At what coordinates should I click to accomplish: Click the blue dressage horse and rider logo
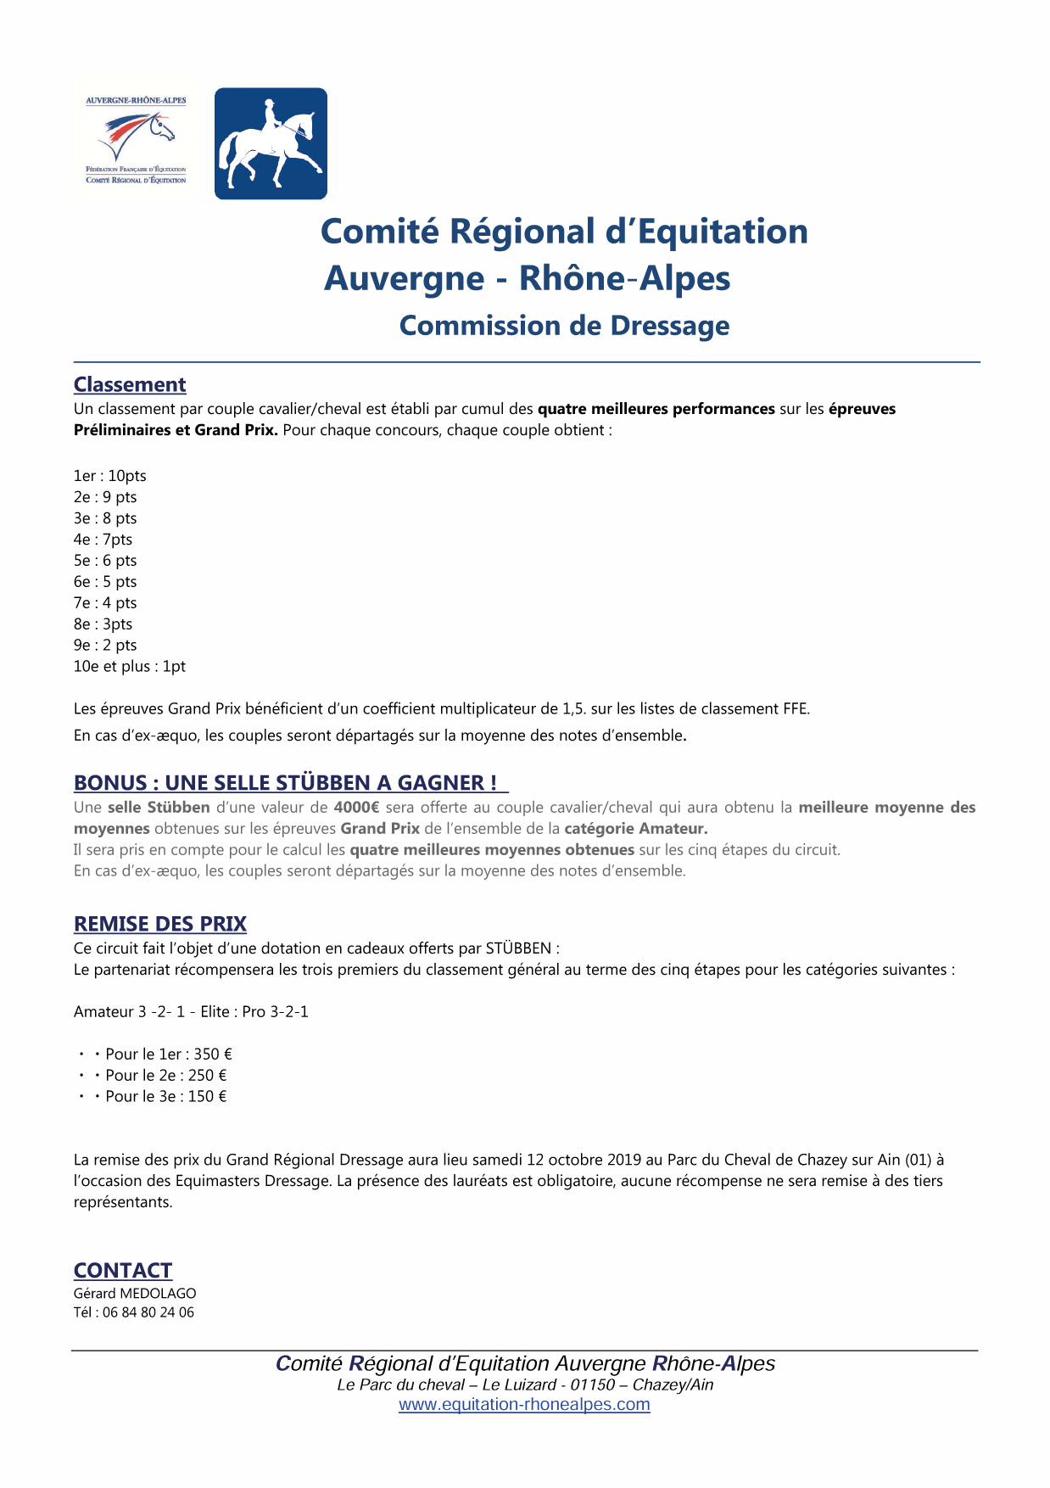tap(271, 143)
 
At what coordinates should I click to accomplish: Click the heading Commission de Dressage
tap(564, 326)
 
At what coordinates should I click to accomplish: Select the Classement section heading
tap(130, 385)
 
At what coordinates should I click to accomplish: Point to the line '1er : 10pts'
tap(109, 476)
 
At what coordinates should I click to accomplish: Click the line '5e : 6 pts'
tap(105, 561)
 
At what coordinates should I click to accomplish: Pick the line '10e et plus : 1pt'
tap(129, 667)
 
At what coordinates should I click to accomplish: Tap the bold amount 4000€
tap(356, 808)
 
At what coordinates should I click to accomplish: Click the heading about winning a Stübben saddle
tap(286, 783)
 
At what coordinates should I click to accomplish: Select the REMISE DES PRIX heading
tap(160, 924)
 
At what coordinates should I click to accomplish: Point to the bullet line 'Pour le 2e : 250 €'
tap(165, 1076)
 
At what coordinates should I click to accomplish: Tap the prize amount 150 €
tap(208, 1097)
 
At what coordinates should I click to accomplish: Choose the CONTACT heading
tap(123, 1270)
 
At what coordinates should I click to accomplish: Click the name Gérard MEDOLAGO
tap(135, 1294)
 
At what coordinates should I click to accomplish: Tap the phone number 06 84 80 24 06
tap(148, 1312)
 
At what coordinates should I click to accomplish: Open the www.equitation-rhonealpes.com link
tap(524, 1405)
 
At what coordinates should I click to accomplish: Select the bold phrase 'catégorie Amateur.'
tap(636, 829)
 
